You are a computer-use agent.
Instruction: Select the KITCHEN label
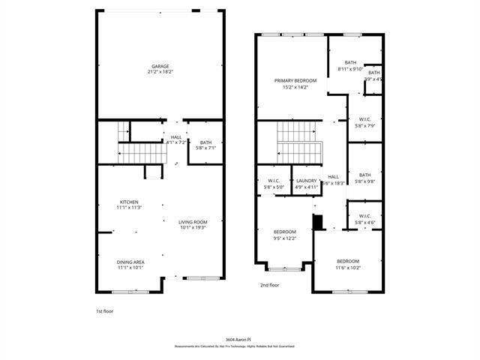pyautogui.click(x=129, y=202)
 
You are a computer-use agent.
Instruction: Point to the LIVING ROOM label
pyautogui.click(x=193, y=222)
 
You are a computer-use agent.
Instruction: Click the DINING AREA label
pyautogui.click(x=129, y=261)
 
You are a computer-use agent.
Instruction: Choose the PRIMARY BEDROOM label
pyautogui.click(x=295, y=80)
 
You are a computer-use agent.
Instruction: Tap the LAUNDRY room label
pyautogui.click(x=306, y=180)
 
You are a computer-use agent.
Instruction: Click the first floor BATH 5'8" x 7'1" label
pyautogui.click(x=205, y=142)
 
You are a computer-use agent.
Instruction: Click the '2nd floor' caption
pyautogui.click(x=270, y=286)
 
